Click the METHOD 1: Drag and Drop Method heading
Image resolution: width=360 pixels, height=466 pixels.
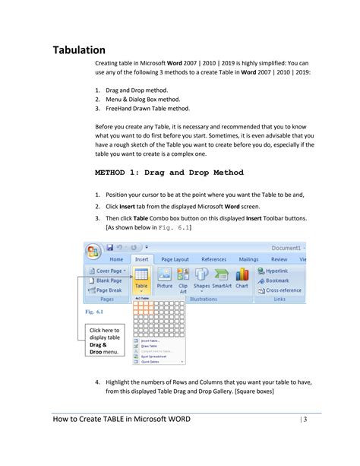(169, 173)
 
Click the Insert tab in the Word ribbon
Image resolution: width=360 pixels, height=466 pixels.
(141, 259)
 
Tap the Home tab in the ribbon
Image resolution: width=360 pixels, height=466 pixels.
(116, 259)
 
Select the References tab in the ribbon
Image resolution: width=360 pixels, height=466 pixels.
(213, 259)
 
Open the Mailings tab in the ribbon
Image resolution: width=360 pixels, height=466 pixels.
(248, 259)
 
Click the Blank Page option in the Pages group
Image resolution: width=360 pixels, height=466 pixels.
(108, 281)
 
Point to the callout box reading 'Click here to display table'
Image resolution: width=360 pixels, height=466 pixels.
(106, 334)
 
